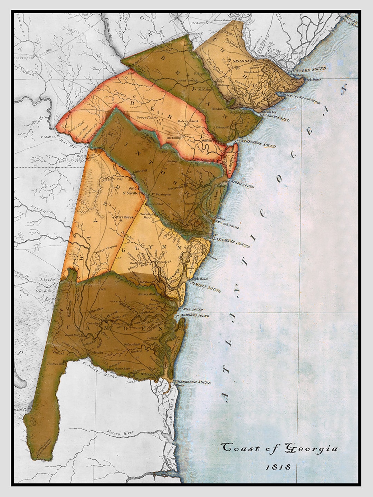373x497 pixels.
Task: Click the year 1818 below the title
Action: (x=278, y=467)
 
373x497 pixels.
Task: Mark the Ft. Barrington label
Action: (x=161, y=195)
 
